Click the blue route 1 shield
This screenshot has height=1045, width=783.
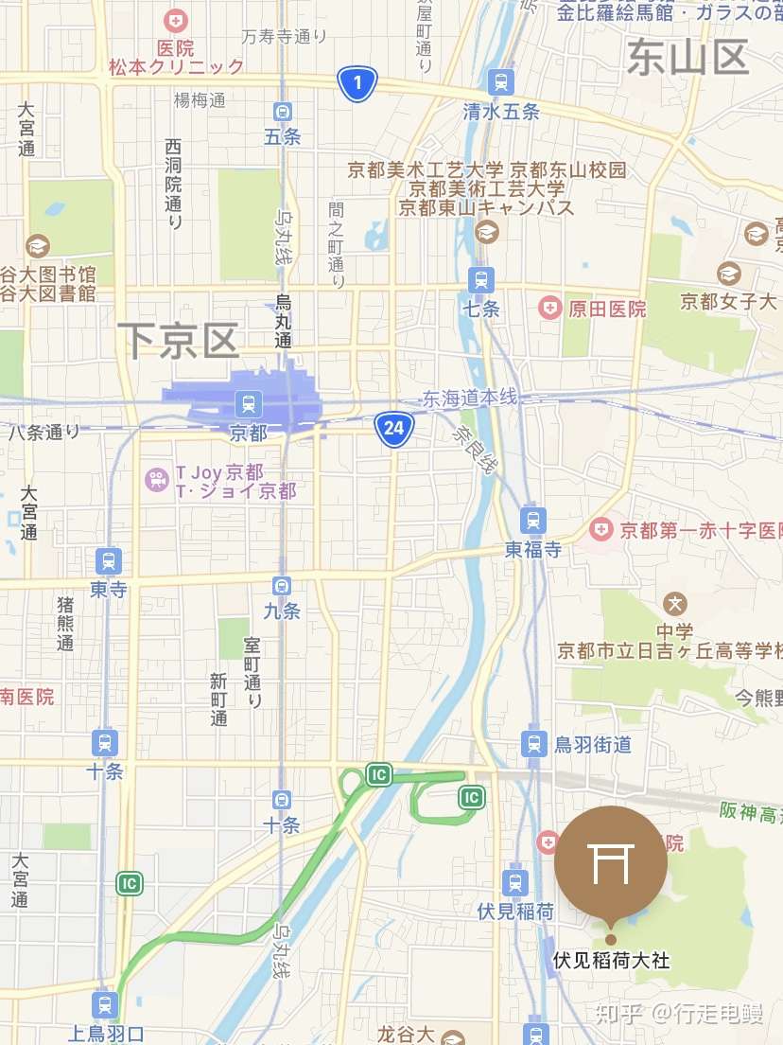(x=357, y=84)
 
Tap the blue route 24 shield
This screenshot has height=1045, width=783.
(x=393, y=429)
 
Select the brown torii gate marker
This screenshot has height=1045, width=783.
(x=610, y=864)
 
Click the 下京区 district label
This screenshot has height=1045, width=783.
(x=179, y=340)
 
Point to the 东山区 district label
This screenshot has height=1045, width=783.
(x=687, y=58)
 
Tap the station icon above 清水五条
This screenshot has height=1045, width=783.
(x=500, y=81)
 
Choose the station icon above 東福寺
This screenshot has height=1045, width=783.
(x=533, y=520)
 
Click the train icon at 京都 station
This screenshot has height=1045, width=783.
(x=248, y=405)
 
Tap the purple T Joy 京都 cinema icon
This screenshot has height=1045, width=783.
(x=156, y=480)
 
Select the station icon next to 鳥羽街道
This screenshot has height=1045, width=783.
(x=534, y=743)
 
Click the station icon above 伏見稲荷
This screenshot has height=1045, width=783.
(x=514, y=882)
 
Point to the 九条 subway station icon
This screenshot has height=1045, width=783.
(x=281, y=586)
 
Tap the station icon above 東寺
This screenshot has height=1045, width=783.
(x=108, y=560)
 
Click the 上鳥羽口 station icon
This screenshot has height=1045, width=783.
(x=105, y=1004)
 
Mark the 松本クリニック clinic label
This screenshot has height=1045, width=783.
(x=176, y=66)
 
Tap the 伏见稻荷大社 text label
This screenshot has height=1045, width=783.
(x=611, y=960)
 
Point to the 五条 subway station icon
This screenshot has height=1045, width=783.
(x=282, y=112)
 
